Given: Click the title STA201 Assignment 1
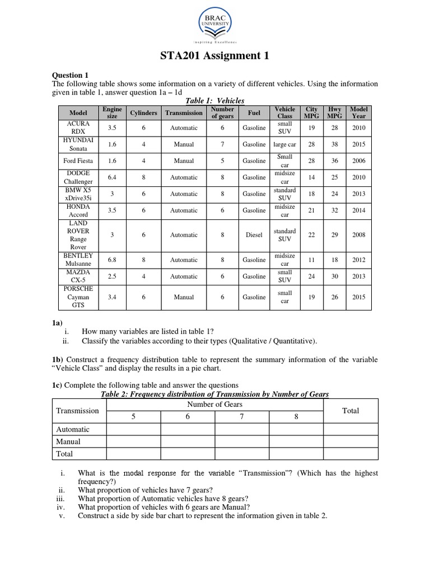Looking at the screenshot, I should point(215,55).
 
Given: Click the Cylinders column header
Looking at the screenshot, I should point(144,112).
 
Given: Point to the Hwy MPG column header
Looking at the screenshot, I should point(334,112).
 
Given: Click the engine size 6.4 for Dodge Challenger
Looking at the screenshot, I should point(112,177).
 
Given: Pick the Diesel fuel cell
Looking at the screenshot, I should point(254,235).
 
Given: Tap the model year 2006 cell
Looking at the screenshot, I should point(358,161).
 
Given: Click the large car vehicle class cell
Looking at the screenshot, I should point(284,144).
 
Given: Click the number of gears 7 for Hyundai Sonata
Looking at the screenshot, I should point(222,144).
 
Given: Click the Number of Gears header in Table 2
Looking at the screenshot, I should point(216,405).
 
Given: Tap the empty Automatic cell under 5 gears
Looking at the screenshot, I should point(134,429).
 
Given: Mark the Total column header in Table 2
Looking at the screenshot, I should point(350,411).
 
